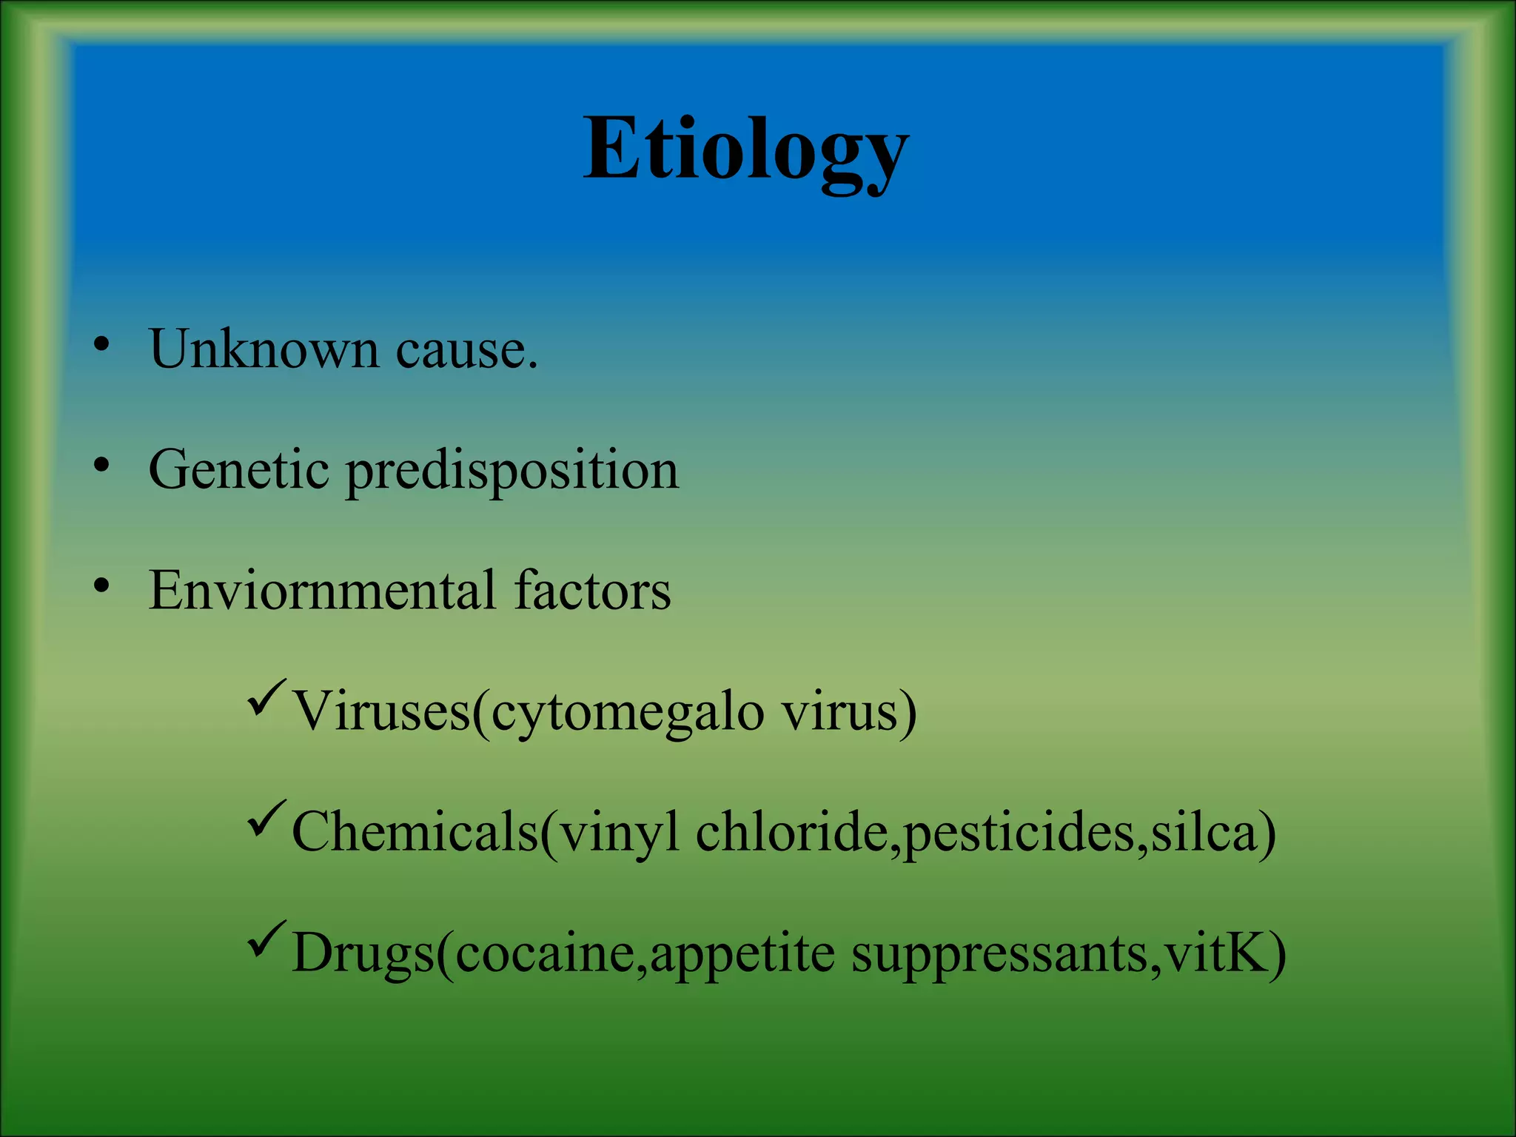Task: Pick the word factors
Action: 592,591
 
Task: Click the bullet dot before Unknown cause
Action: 101,345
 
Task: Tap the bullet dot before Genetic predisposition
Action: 101,466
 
